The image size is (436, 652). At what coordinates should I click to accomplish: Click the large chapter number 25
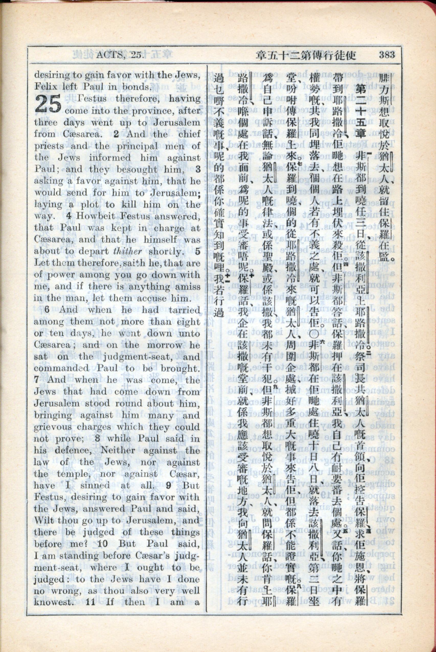pos(48,104)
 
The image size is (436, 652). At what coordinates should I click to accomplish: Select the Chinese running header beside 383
pos(306,55)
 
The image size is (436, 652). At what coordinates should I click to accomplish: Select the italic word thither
pos(128,251)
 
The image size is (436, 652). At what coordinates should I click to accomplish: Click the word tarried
pos(184,310)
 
